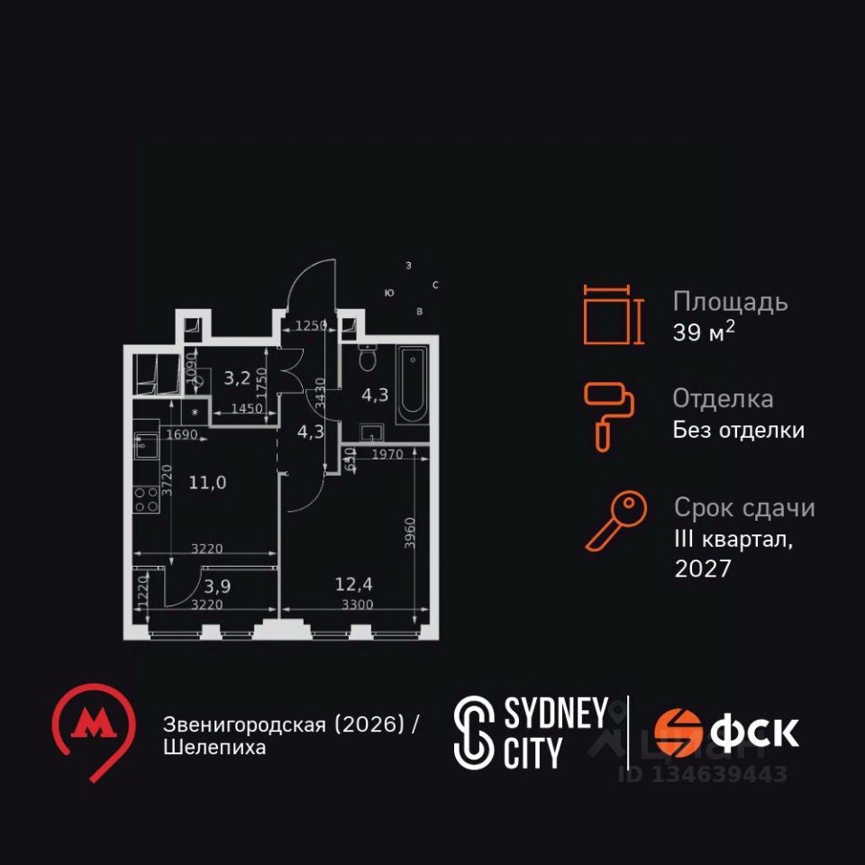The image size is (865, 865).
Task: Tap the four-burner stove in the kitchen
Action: (146, 498)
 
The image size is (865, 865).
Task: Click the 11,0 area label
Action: (207, 482)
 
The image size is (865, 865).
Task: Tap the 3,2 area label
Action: (237, 378)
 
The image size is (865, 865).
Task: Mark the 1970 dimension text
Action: (387, 455)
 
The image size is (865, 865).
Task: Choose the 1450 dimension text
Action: (246, 409)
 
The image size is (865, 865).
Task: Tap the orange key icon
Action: (616, 520)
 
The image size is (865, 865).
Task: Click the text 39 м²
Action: (703, 332)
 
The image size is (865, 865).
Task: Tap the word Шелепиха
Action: (214, 748)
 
